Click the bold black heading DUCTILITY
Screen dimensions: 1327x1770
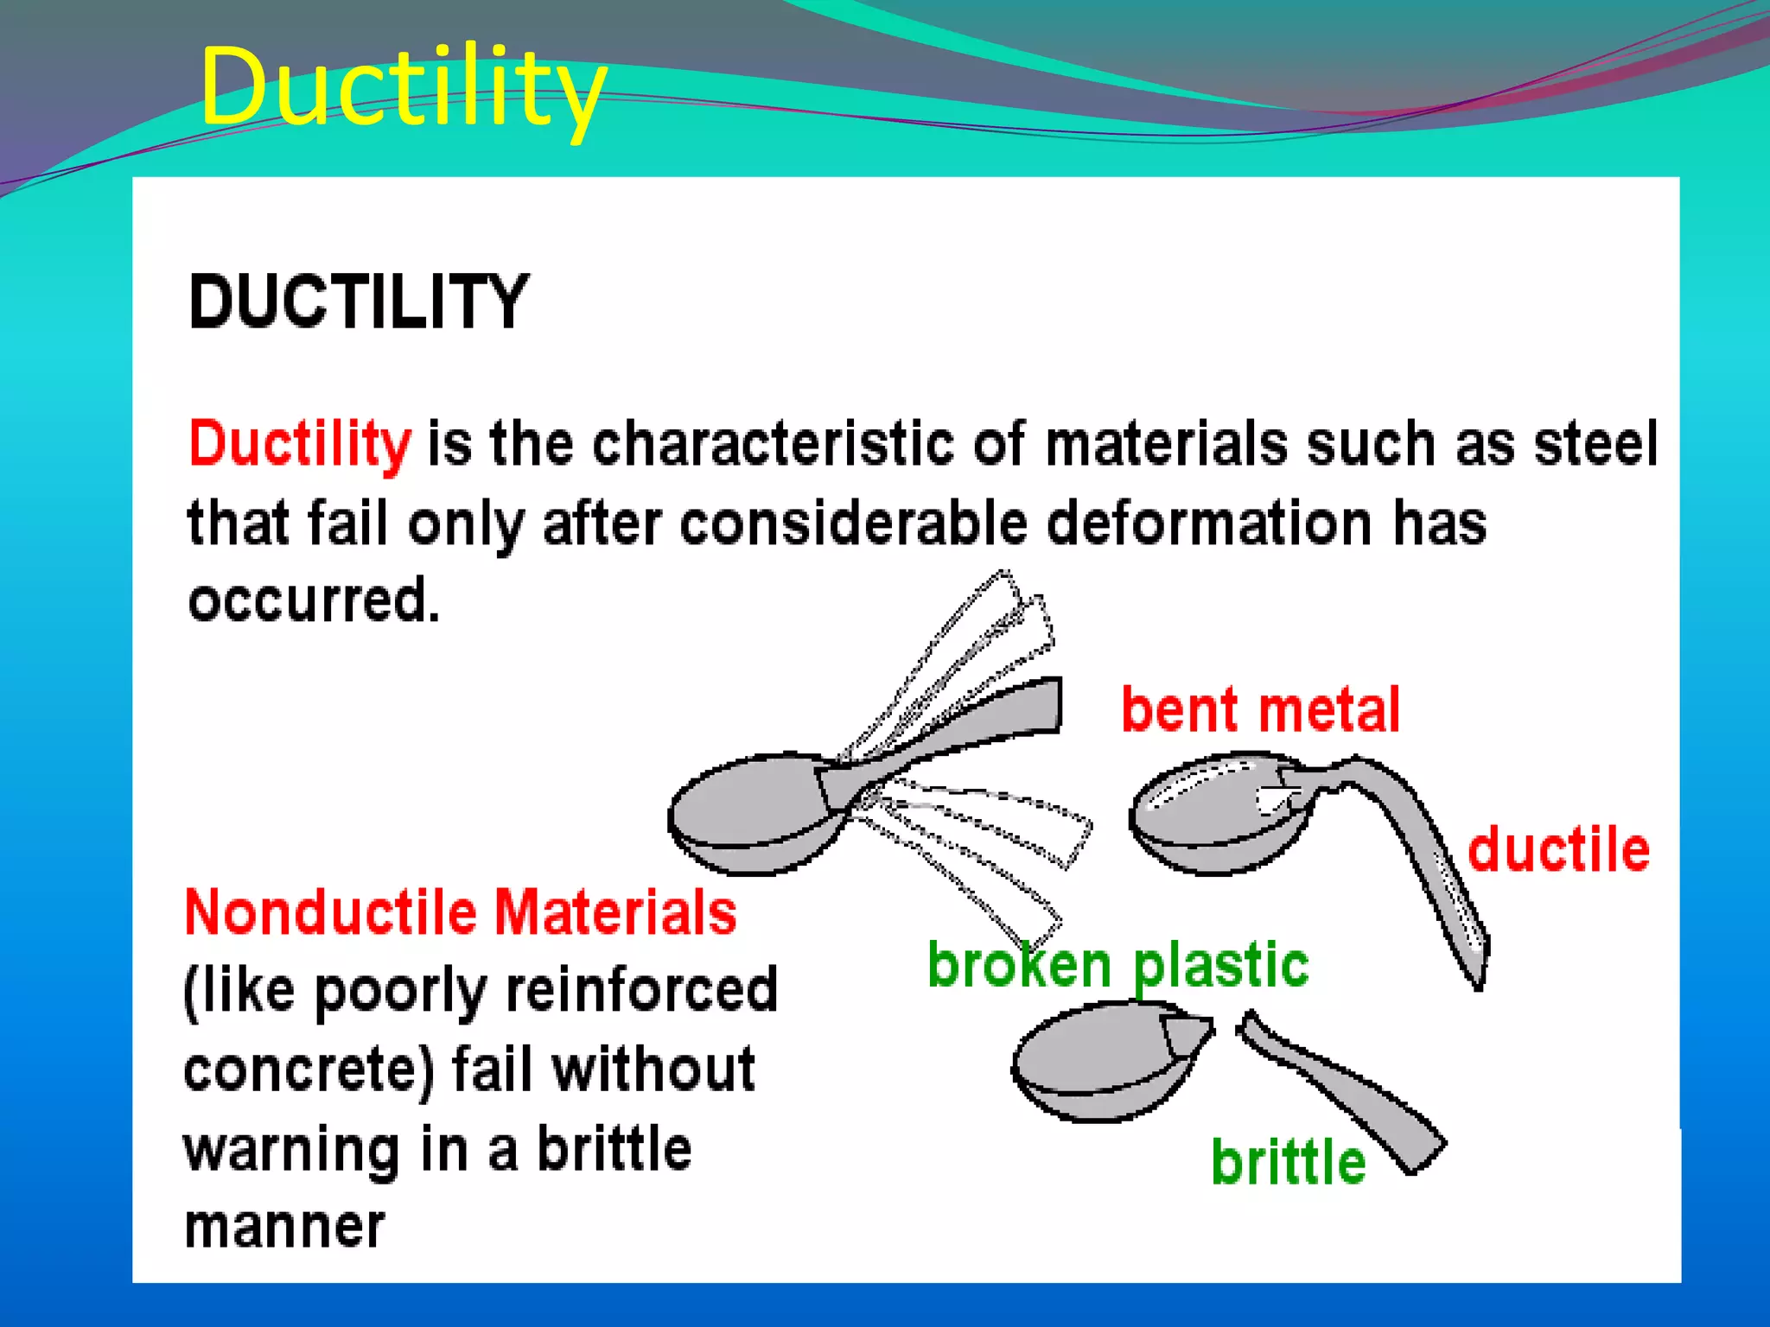359,302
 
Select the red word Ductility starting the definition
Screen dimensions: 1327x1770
300,443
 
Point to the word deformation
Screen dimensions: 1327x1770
1210,524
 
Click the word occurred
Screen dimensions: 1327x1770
314,600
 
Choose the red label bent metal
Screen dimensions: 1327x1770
1260,710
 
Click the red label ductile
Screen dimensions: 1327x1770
1558,849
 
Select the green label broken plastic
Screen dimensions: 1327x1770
1117,964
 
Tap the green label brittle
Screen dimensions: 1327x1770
1288,1162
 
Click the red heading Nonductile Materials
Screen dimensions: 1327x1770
460,912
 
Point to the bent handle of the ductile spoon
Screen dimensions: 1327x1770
1435,873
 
